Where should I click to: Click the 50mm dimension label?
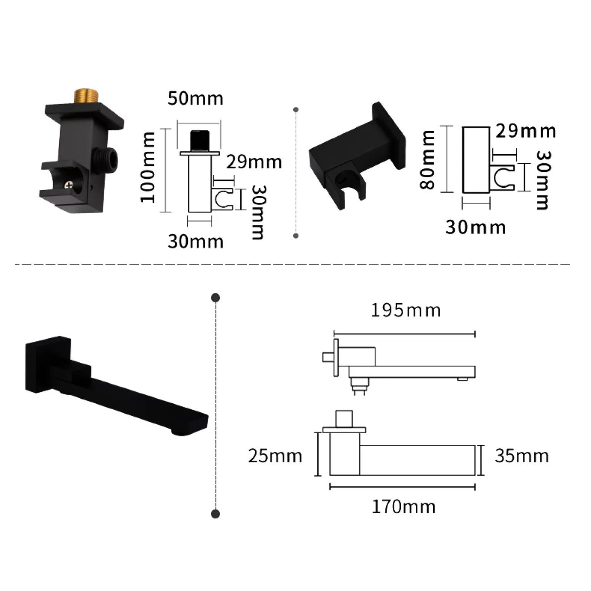point(195,99)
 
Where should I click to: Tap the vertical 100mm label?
point(148,167)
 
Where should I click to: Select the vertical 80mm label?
point(426,160)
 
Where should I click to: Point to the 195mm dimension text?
point(406,311)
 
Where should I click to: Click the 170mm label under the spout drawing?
point(403,506)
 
